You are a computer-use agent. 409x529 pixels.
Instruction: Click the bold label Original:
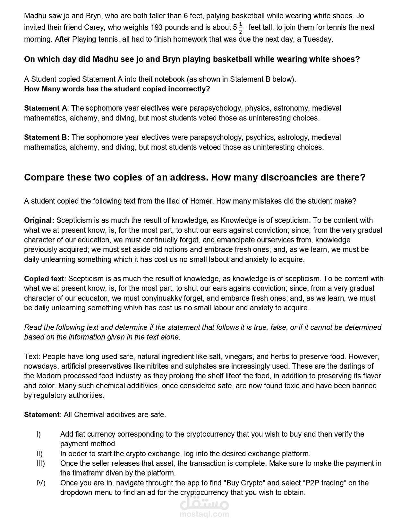pyautogui.click(x=39, y=221)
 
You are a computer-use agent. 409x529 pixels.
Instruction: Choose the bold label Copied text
pyautogui.click(x=44, y=279)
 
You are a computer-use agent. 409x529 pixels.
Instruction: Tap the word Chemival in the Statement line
pyautogui.click(x=89, y=415)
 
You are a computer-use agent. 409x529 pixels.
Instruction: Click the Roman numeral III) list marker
pyautogui.click(x=40, y=464)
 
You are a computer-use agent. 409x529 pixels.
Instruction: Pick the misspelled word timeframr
pyautogui.click(x=88, y=473)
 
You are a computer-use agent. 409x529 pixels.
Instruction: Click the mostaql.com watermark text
pyautogui.click(x=204, y=514)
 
